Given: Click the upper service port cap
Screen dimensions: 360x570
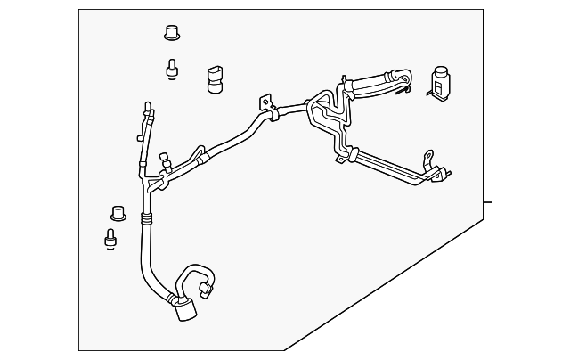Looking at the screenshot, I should (172, 33).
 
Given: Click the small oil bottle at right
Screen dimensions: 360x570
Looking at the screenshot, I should (439, 82).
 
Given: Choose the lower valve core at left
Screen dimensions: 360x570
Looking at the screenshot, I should (110, 238).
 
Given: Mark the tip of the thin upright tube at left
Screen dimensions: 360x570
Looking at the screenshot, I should (146, 107).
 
